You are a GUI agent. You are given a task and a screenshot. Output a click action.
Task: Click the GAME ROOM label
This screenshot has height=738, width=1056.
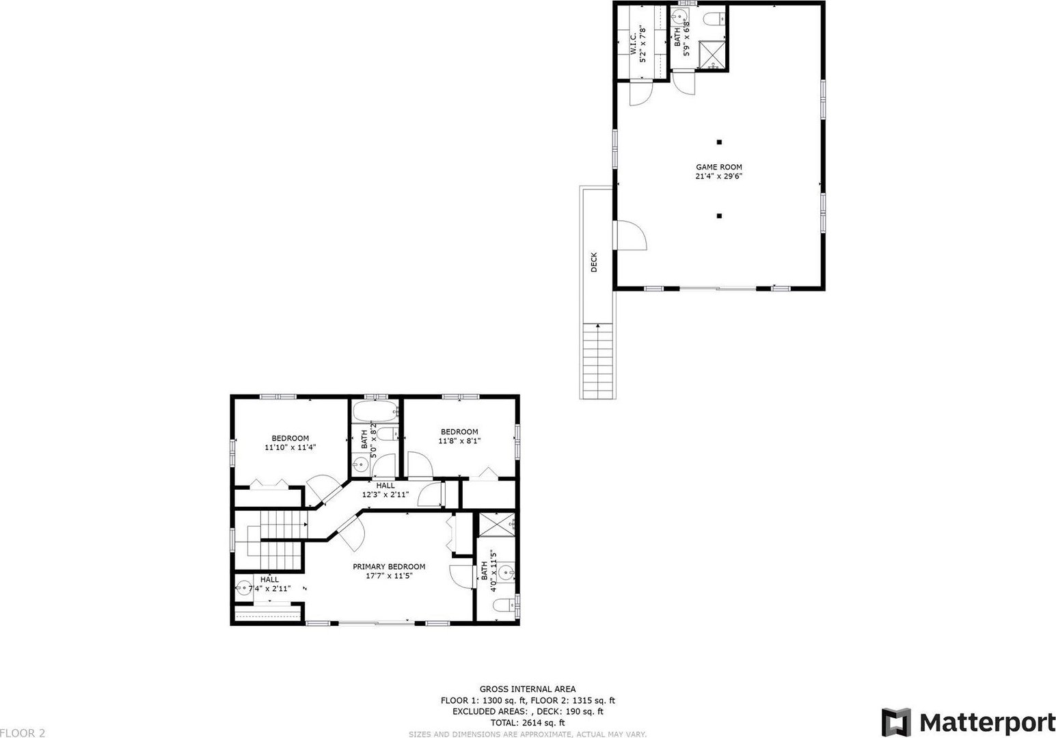tap(719, 167)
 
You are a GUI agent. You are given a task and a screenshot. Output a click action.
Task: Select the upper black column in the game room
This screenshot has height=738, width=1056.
tap(720, 142)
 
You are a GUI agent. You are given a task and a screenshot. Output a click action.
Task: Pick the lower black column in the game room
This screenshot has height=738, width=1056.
tap(720, 216)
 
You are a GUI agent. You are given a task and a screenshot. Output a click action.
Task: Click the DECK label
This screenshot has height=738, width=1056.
tap(594, 263)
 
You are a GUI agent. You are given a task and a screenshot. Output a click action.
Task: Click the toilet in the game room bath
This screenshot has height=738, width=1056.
tap(714, 19)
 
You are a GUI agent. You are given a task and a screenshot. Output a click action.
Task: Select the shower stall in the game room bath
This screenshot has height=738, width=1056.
tap(712, 55)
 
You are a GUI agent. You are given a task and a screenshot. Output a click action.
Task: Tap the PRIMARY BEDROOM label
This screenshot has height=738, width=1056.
tap(389, 567)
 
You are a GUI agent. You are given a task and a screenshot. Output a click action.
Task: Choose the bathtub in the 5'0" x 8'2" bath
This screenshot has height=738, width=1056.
tap(376, 412)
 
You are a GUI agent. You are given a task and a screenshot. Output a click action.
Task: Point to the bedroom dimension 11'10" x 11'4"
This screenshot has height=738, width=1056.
tap(290, 447)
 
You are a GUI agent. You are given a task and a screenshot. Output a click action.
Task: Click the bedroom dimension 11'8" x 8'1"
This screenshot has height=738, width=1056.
tap(459, 441)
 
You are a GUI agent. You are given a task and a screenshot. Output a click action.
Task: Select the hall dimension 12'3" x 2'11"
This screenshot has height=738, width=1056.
tap(385, 495)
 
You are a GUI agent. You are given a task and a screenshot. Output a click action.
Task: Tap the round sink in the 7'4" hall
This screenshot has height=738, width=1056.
tap(244, 588)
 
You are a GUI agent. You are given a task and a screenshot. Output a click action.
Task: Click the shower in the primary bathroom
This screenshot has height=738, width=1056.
tap(497, 524)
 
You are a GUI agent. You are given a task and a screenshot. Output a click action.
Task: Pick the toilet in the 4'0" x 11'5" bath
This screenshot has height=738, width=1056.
tap(504, 605)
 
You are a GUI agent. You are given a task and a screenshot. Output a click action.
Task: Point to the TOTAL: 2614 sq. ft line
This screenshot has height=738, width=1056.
tap(528, 723)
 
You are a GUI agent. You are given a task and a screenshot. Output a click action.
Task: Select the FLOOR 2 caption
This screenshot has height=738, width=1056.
tap(23, 733)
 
